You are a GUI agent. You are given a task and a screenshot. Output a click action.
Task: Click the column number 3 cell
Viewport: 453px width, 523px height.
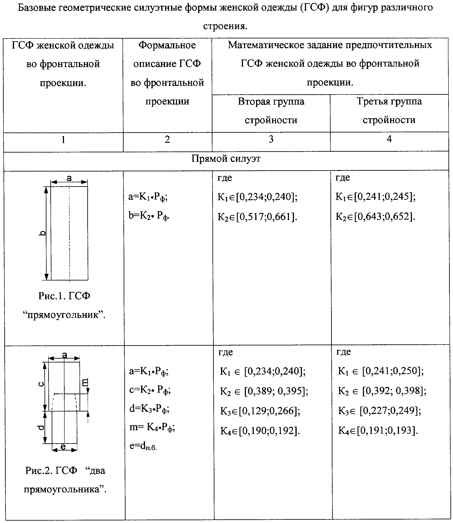[271, 139]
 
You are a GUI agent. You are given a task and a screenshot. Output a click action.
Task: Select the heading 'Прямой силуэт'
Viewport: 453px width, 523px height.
[226, 159]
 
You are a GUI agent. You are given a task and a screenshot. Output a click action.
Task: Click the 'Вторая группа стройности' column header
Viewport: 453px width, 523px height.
[271, 110]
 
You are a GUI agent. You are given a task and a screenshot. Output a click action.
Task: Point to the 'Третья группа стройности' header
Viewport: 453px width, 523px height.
[389, 110]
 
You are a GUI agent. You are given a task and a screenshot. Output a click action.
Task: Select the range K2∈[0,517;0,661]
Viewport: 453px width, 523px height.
[257, 217]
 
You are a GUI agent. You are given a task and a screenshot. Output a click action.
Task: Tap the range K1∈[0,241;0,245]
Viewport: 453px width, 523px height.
[375, 196]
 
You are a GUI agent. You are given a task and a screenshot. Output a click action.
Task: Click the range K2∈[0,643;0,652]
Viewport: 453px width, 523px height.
[375, 216]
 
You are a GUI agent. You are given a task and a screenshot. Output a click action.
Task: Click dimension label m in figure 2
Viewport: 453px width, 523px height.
[85, 382]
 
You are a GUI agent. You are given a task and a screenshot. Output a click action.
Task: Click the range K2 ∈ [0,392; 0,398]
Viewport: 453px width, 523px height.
[382, 391]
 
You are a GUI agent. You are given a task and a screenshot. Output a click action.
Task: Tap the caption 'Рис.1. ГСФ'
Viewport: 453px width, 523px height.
[64, 296]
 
